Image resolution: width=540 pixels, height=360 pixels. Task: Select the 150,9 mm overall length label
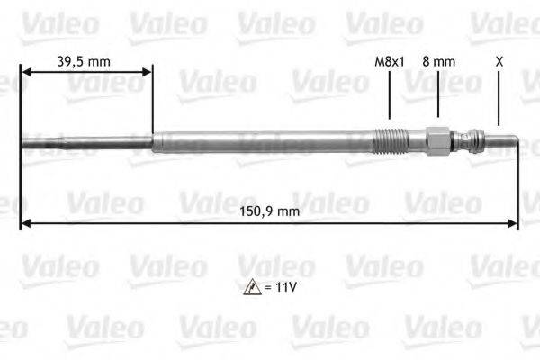tap(270, 211)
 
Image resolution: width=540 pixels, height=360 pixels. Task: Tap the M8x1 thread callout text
tap(389, 61)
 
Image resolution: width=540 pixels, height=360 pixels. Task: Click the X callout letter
tap(499, 61)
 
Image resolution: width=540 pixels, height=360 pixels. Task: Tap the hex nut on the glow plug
tap(437, 141)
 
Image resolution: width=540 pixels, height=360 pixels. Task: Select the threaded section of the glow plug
tap(390, 141)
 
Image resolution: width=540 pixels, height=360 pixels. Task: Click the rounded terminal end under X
tap(504, 141)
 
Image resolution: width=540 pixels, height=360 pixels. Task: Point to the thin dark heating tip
tap(85, 141)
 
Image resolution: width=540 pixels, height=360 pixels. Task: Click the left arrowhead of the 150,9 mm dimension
tap(24, 223)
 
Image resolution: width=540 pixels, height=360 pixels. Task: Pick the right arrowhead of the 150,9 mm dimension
tap(514, 223)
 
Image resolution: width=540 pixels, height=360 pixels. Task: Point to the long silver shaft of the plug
tap(261, 141)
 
